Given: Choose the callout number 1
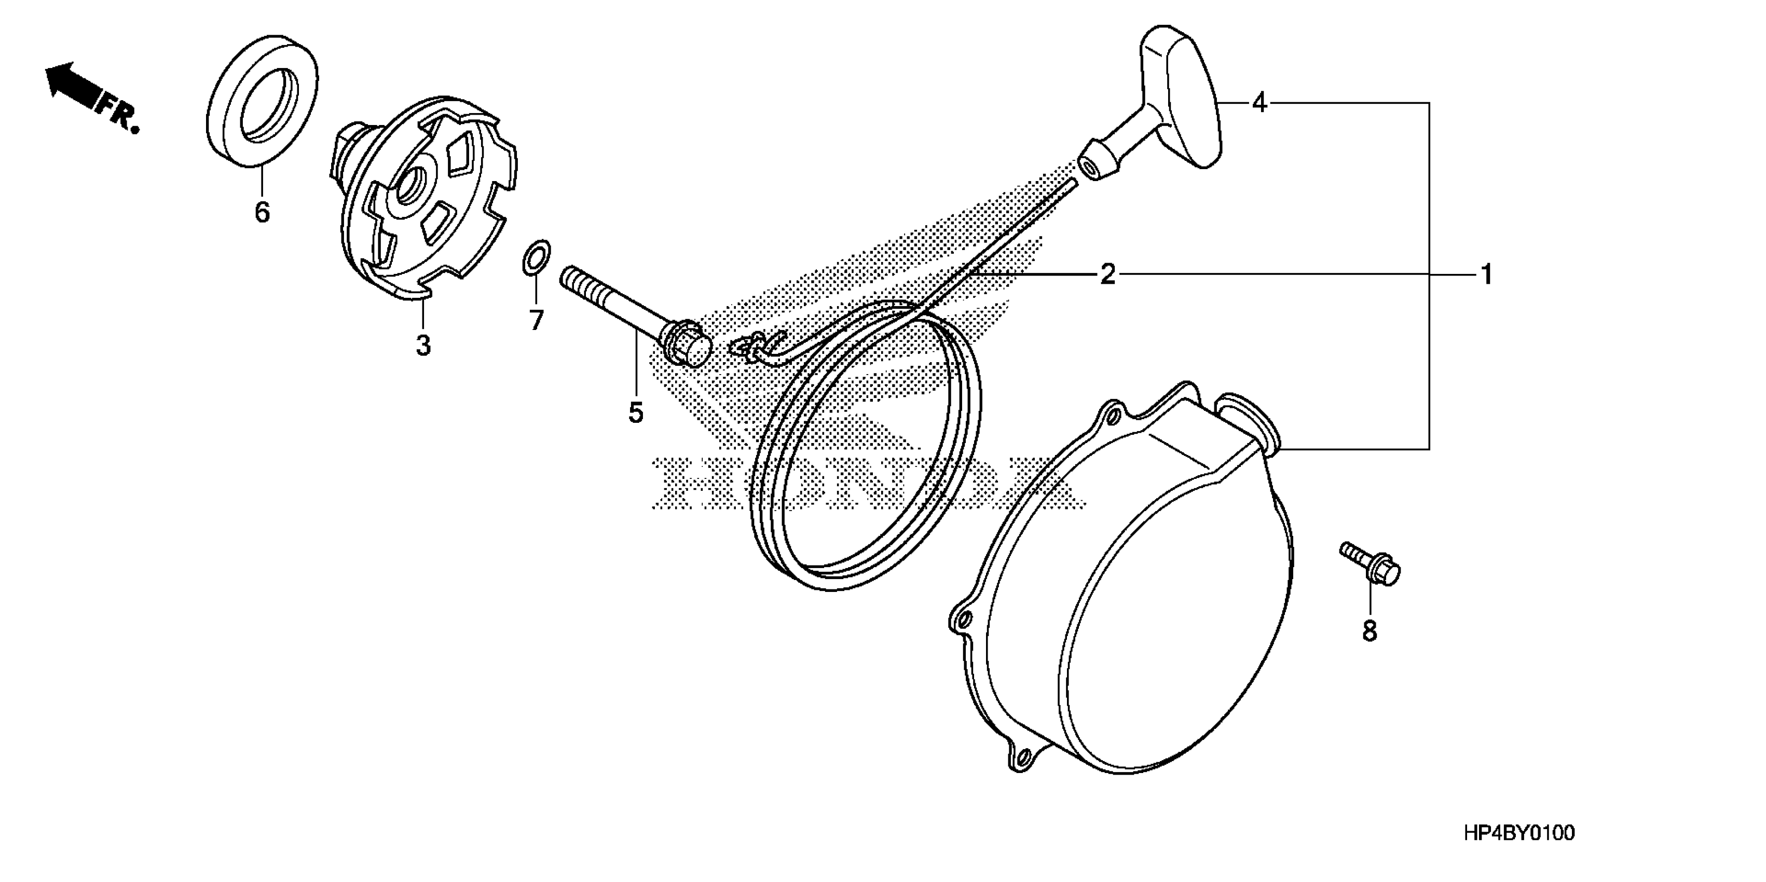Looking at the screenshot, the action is click(x=1486, y=275).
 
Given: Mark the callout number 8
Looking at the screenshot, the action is click(x=1369, y=630).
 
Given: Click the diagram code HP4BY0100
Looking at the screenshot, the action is click(x=1518, y=833).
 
